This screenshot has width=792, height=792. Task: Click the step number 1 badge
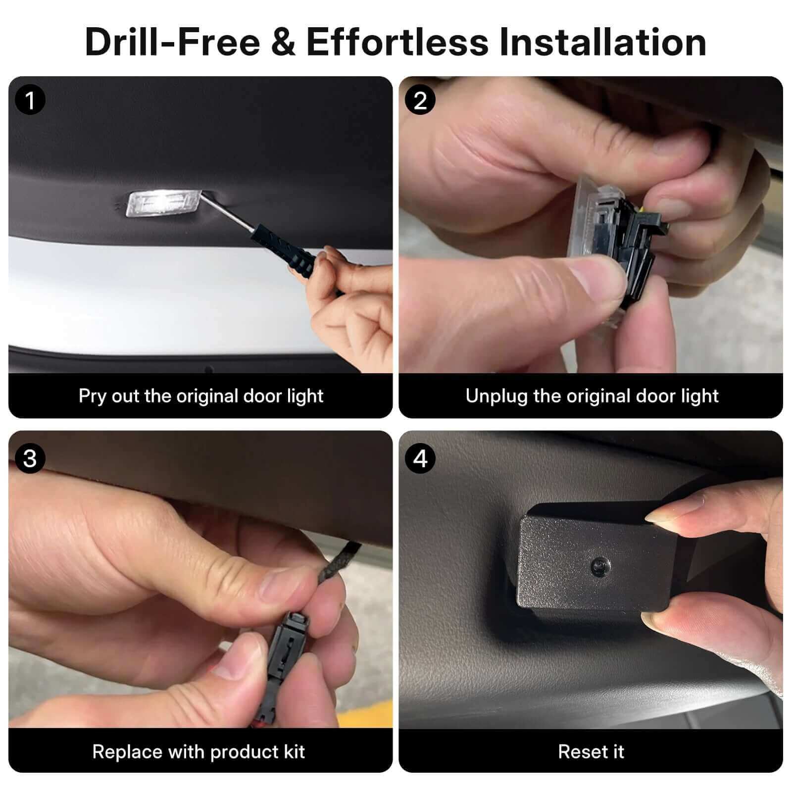30,100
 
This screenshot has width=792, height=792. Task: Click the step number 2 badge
420,100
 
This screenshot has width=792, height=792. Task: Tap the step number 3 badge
30,458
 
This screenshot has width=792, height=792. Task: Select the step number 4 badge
420,458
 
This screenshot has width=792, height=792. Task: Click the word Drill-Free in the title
172,42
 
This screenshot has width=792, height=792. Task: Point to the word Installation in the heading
602,42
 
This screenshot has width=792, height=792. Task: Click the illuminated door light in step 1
163,204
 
